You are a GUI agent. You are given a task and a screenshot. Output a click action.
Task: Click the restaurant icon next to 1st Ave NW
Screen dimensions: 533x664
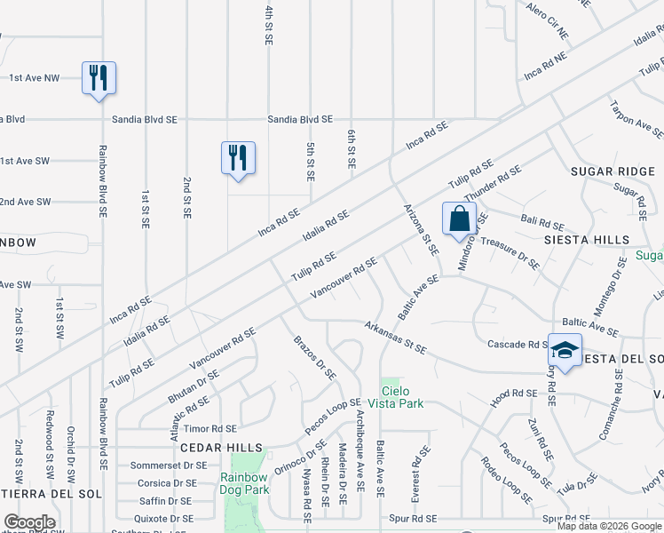(x=99, y=77)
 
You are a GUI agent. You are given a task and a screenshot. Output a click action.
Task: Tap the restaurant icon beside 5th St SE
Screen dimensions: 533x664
(x=238, y=157)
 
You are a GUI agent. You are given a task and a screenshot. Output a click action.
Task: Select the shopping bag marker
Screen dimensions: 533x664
(x=459, y=219)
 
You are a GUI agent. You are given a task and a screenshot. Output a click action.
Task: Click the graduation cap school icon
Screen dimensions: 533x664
(x=564, y=350)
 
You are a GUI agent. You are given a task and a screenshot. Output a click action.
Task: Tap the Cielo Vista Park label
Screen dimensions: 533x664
(x=402, y=397)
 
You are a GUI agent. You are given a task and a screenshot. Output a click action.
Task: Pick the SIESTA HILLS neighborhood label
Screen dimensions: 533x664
(x=588, y=240)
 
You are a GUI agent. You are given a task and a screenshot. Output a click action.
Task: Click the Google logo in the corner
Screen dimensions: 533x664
(x=29, y=522)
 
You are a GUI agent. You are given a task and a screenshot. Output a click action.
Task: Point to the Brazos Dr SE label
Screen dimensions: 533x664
(x=315, y=357)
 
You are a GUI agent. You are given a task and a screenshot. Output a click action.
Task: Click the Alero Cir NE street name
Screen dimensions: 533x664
(x=547, y=22)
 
